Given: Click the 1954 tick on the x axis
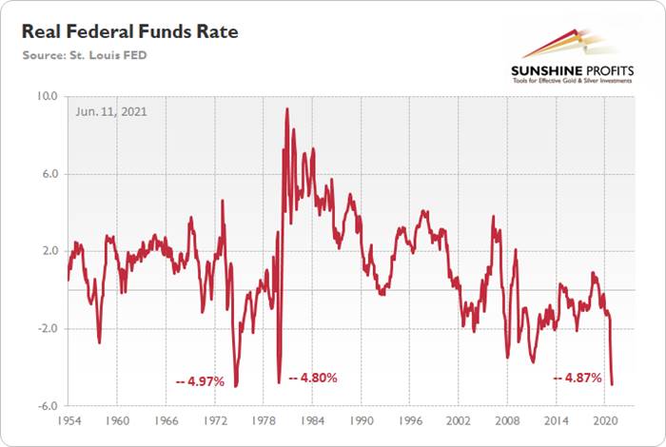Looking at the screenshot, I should [69, 419].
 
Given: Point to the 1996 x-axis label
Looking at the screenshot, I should [410, 419].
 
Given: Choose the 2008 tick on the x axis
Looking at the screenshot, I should [508, 419].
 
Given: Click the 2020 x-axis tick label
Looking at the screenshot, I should [605, 419].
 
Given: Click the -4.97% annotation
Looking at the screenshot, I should [200, 381].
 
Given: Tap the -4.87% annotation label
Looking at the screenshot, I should [578, 378].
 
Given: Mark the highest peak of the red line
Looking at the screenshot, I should [286, 108].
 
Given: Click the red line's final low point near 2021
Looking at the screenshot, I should [613, 384].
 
